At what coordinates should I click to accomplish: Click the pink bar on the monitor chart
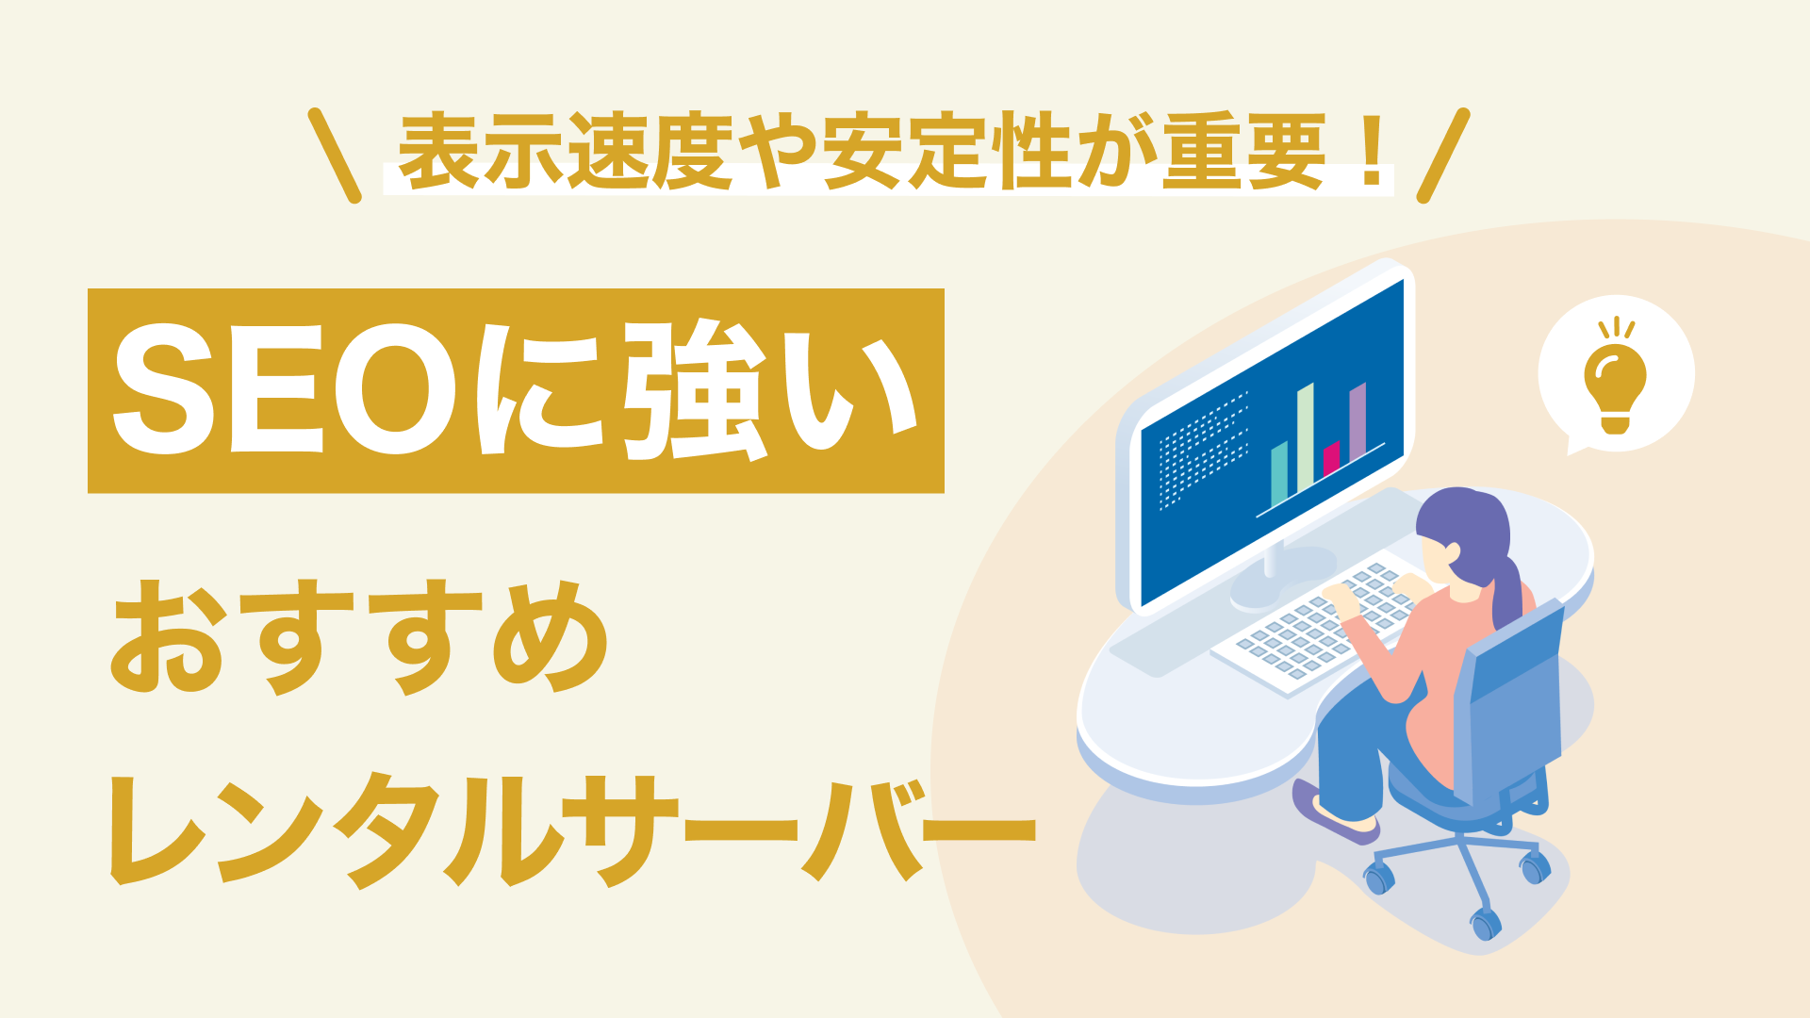[1331, 459]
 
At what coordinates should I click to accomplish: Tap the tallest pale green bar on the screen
[1306, 438]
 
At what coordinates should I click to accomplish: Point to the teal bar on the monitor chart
[1279, 474]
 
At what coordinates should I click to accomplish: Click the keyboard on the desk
[1320, 627]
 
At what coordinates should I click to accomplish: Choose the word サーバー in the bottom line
[806, 829]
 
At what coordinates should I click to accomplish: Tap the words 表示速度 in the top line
[566, 151]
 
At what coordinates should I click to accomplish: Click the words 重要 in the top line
[1244, 151]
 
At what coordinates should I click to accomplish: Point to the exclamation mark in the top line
[1373, 151]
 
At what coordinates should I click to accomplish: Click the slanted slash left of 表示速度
[335, 156]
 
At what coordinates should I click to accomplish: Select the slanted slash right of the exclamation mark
[1443, 156]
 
